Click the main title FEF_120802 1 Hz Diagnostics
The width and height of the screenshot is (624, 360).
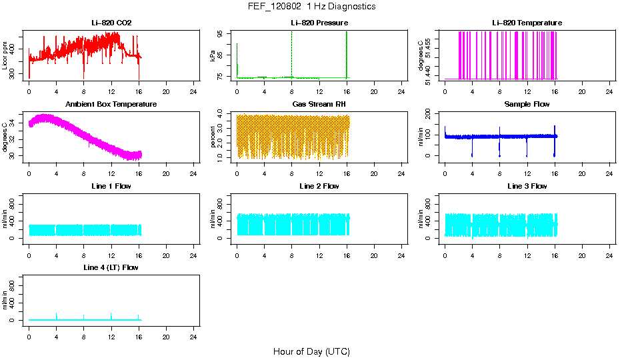point(311,7)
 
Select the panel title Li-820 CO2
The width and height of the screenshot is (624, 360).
point(111,23)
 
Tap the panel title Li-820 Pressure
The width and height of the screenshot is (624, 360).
point(319,23)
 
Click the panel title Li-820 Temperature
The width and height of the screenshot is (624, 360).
point(527,23)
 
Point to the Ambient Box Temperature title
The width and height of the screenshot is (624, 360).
point(111,105)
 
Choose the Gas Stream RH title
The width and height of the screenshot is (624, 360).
point(319,105)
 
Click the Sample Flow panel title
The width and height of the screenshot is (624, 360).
point(527,105)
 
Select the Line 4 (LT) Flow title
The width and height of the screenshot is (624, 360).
point(111,267)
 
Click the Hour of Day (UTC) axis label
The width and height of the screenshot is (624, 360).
point(311,351)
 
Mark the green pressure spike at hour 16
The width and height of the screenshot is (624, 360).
point(347,53)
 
